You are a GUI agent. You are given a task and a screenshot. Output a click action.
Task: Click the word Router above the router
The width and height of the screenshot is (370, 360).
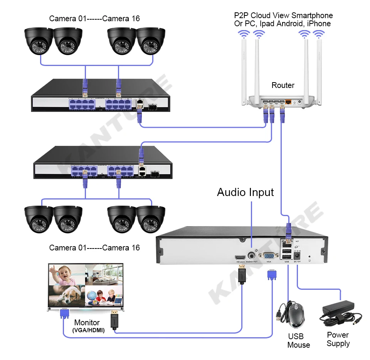[x=283, y=85]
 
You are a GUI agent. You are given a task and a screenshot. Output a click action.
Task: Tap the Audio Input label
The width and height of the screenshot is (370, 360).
[x=245, y=192]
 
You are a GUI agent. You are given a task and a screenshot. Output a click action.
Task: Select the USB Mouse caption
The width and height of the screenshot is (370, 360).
[x=298, y=341]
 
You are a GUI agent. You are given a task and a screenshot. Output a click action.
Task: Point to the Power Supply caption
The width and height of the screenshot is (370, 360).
[x=338, y=339]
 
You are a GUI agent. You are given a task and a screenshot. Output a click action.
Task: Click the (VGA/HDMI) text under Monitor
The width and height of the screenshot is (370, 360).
[x=88, y=330]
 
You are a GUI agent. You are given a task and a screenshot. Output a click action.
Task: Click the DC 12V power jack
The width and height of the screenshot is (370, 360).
[x=298, y=255]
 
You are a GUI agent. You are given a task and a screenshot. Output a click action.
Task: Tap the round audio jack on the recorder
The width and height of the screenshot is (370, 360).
[x=252, y=255]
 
